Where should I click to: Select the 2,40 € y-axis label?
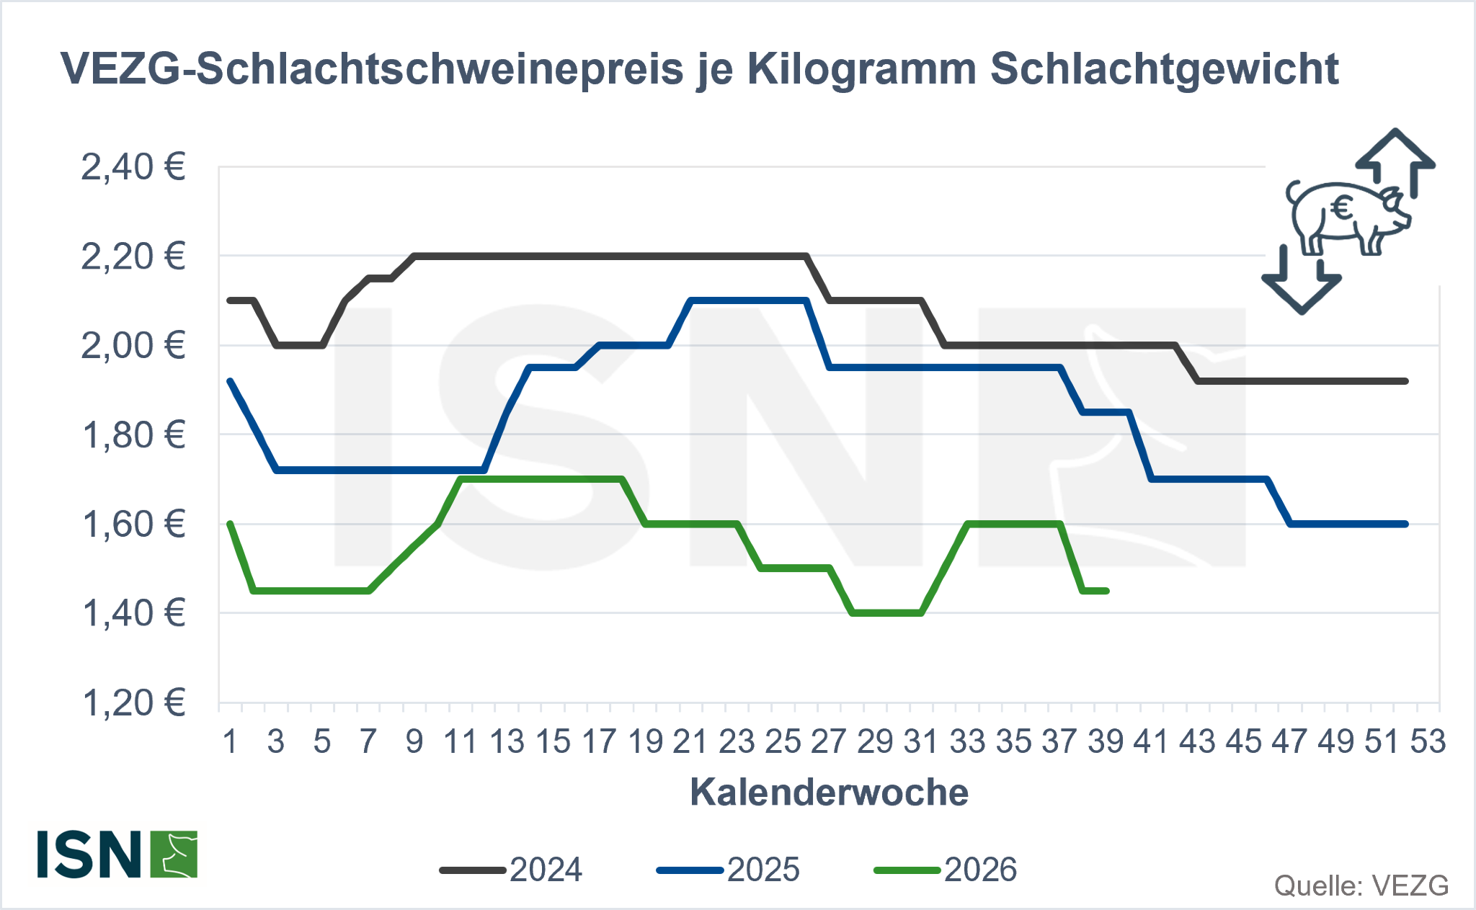(x=133, y=167)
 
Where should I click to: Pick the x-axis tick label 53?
(x=1428, y=741)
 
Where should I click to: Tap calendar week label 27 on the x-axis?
(x=828, y=741)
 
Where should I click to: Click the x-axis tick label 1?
(x=231, y=741)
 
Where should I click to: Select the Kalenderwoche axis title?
(x=829, y=793)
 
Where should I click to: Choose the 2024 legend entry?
(x=511, y=870)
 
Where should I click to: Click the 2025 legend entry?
(x=728, y=870)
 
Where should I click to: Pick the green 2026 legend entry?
(x=946, y=870)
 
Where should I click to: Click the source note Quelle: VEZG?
(x=1361, y=886)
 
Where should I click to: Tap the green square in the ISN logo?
(x=174, y=855)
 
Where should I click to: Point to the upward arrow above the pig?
(x=1395, y=162)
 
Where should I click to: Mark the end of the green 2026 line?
(x=1106, y=591)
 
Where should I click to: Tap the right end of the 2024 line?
(x=1405, y=381)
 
